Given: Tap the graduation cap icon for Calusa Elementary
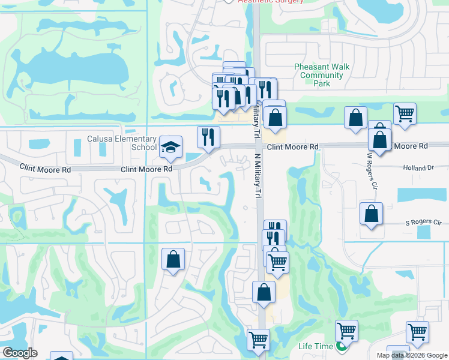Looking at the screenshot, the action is (x=171, y=146).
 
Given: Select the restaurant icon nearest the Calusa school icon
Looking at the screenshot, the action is (x=208, y=137).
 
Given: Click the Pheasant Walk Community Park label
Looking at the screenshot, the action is (x=322, y=75).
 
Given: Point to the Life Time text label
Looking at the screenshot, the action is (x=316, y=347).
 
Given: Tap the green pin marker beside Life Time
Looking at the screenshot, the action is (x=342, y=347).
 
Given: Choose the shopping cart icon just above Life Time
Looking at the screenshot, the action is (x=347, y=330).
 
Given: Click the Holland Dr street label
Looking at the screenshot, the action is (x=418, y=169).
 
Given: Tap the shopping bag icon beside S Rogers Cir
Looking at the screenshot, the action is (x=372, y=214).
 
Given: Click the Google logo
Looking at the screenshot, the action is (x=20, y=353).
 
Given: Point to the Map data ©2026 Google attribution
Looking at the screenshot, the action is (x=412, y=355).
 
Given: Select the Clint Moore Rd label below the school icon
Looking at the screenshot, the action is (x=146, y=169).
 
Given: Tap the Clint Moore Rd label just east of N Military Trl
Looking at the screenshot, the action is (x=292, y=147).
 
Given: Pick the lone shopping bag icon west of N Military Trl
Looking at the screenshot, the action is (x=173, y=259).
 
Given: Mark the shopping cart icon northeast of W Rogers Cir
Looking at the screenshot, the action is (x=405, y=113).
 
